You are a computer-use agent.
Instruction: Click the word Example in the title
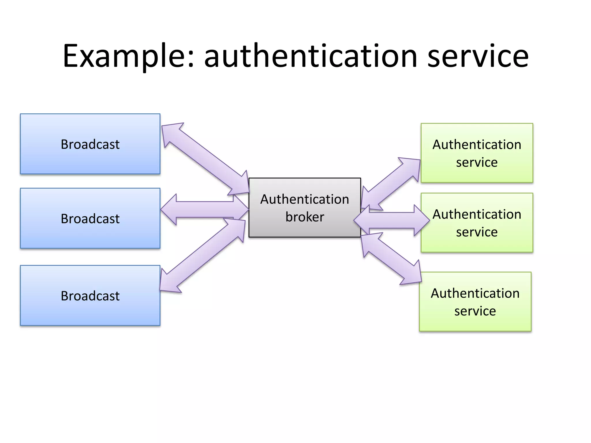124,56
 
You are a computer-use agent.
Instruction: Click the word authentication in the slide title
311,56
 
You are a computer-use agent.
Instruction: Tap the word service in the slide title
478,56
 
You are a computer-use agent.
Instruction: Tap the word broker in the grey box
305,217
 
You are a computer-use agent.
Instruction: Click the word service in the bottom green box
475,311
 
